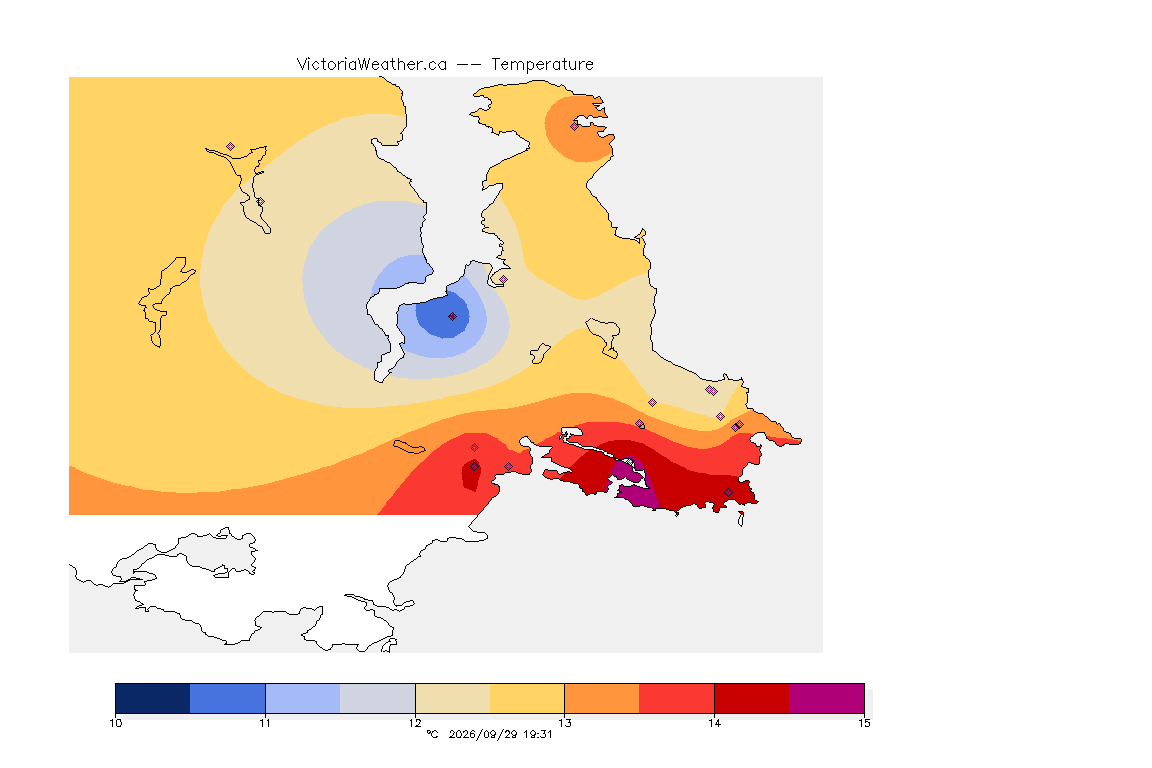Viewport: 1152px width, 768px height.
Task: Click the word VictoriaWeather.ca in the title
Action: (372, 65)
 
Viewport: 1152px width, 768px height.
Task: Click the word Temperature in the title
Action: (542, 65)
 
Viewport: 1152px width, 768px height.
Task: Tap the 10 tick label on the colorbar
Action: (115, 723)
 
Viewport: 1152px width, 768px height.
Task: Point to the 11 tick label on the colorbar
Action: (265, 723)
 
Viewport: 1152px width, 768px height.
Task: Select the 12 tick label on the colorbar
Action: (415, 723)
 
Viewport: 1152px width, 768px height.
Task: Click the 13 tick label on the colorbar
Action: (564, 723)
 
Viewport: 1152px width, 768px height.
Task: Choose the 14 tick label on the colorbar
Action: (714, 723)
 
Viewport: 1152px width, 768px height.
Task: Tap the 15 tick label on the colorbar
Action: (864, 723)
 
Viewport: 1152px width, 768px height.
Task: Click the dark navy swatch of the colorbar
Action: (153, 698)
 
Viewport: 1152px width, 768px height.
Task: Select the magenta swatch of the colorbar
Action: (827, 698)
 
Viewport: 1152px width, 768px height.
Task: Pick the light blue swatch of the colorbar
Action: (303, 698)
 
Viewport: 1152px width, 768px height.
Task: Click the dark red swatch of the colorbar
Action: (752, 698)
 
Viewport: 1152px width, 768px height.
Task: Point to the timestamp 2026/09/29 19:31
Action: (500, 734)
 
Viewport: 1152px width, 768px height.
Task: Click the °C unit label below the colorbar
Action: (432, 734)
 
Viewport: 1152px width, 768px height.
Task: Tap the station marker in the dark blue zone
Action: (453, 317)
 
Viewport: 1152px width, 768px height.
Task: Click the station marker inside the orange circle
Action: (575, 126)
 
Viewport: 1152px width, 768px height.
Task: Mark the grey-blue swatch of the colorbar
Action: (378, 698)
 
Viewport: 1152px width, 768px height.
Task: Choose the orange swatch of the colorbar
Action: (602, 698)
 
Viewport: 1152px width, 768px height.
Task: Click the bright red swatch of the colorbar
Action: (677, 698)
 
